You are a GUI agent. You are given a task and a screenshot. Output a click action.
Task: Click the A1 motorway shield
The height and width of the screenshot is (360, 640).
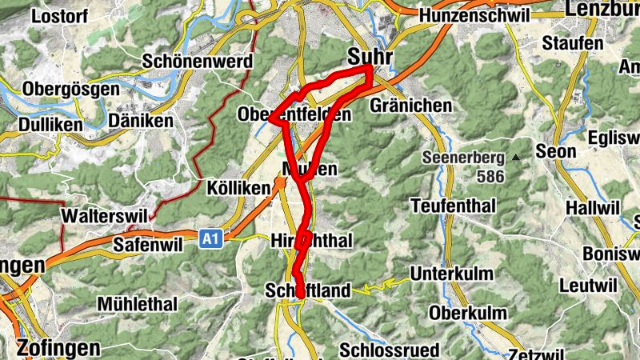tap(210, 238)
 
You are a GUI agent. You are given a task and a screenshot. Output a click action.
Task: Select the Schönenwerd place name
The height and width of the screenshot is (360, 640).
tap(198, 61)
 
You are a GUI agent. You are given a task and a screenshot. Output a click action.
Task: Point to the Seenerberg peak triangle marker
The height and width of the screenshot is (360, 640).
tap(517, 158)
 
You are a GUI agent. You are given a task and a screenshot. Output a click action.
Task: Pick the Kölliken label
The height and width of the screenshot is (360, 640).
tap(214, 186)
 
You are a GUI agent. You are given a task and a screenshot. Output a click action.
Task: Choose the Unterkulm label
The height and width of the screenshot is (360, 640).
tap(452, 274)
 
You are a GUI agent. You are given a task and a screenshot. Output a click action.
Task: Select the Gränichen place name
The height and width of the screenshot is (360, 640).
tap(411, 106)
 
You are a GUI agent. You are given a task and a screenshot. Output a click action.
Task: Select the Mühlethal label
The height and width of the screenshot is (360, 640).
tap(136, 304)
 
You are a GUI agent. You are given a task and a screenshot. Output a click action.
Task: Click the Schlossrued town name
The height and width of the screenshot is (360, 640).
tap(389, 350)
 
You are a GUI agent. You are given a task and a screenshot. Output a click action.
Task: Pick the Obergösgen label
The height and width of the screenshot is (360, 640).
tap(71, 90)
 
